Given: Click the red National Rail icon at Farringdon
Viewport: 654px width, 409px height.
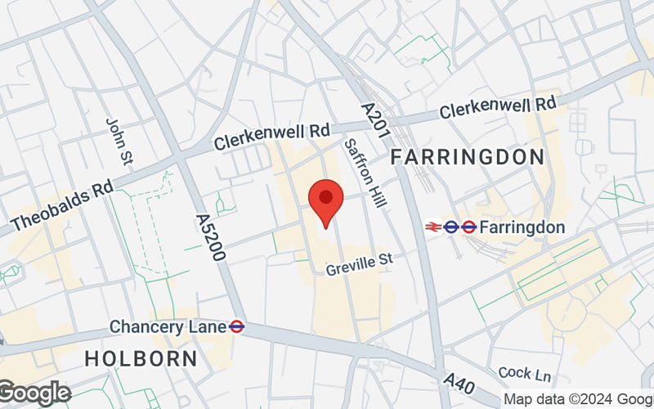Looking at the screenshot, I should [432, 227].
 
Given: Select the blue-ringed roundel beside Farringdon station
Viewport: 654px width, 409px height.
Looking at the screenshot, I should [451, 227].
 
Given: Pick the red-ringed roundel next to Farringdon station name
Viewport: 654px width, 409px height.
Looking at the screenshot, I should [468, 227].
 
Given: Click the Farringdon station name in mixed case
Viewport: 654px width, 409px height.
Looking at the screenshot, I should [522, 227].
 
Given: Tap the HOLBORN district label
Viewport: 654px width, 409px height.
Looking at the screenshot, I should [141, 358].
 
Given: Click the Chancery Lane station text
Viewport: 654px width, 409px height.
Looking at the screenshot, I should [168, 327].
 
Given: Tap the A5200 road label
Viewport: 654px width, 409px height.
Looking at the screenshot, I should [210, 237].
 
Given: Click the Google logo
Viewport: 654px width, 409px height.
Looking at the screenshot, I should [34, 393].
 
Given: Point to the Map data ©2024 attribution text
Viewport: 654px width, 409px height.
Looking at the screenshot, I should [578, 399].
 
